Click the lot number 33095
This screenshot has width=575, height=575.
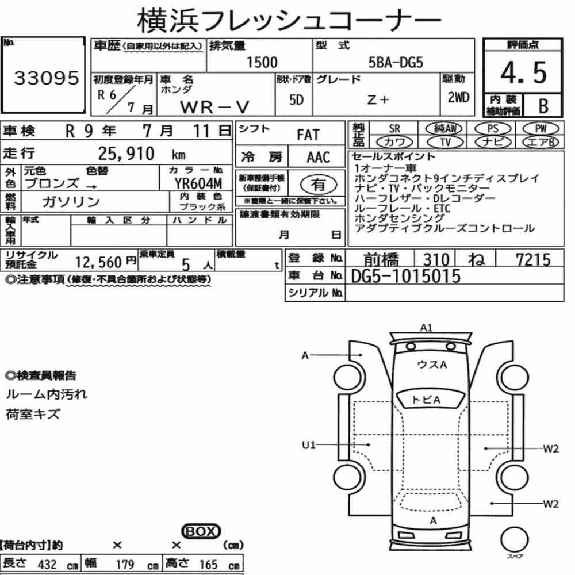[46, 78]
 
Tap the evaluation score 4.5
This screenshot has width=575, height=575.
[523, 72]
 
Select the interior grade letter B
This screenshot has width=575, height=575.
[543, 106]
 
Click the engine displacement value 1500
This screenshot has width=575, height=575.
[262, 62]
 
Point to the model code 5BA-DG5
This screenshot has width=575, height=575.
[396, 63]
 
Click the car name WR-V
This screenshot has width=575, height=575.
[214, 107]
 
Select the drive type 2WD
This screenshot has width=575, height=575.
[458, 98]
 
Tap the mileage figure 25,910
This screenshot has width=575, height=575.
[126, 154]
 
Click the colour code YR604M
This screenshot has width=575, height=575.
[198, 183]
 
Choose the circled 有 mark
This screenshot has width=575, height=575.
[319, 185]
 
